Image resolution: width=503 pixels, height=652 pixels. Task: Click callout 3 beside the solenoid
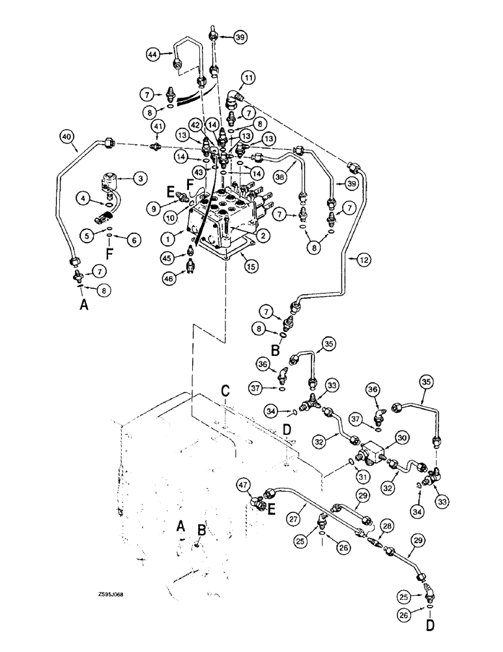click(139, 177)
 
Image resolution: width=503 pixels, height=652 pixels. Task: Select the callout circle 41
click(158, 125)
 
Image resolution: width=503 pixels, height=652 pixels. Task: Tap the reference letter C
click(224, 392)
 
